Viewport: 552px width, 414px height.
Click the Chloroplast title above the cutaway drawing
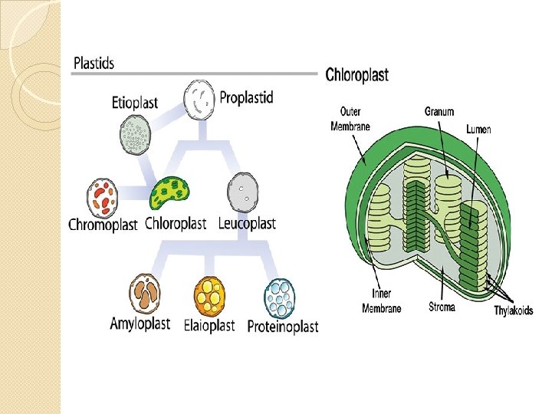356,75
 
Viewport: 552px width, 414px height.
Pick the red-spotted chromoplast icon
103,196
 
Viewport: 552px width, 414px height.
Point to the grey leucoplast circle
242,192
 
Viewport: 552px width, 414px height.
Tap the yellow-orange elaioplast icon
209,294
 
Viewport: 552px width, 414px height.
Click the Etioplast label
134,102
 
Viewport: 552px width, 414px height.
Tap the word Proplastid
246,97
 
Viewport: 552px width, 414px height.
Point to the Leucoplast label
247,224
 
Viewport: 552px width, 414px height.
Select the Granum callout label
439,111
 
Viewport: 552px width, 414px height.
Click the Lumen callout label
478,130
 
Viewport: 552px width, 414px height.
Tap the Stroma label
442,307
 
